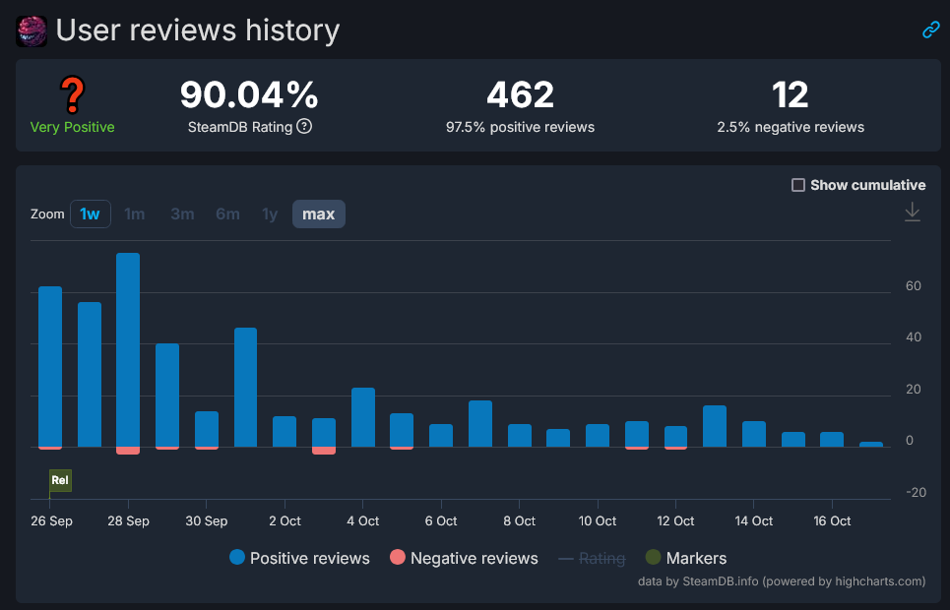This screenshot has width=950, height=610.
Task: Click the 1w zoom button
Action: (x=90, y=213)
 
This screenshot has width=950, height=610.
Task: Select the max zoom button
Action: (x=318, y=213)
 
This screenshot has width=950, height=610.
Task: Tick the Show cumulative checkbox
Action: (x=798, y=185)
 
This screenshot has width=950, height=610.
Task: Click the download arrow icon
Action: (x=913, y=212)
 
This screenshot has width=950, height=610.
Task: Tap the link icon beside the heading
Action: (x=930, y=30)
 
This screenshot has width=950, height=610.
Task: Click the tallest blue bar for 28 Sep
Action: (x=128, y=349)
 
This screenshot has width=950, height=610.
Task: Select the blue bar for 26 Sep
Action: (x=50, y=366)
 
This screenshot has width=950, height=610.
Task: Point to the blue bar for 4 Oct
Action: (x=363, y=417)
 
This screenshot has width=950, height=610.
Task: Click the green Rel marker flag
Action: (x=60, y=480)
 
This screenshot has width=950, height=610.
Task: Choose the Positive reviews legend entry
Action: (x=299, y=558)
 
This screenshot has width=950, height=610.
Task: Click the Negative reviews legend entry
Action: (x=464, y=558)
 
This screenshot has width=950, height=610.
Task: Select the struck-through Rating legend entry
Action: (x=592, y=558)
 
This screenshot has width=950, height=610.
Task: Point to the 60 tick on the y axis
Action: (x=914, y=286)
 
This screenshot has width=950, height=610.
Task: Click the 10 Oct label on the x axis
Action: (x=598, y=520)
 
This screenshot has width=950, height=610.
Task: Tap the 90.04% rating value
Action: (x=249, y=95)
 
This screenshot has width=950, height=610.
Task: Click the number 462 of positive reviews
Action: (x=520, y=95)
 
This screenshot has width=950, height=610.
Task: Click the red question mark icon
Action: (x=72, y=95)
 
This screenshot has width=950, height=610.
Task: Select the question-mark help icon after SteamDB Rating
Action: (x=304, y=126)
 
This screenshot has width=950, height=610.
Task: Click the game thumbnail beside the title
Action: (x=32, y=30)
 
